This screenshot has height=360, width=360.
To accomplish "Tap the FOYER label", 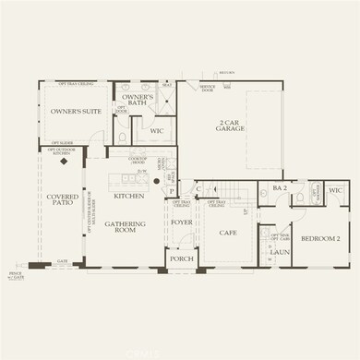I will pos(180,222).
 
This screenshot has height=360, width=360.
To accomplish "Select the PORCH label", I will pos(181,259).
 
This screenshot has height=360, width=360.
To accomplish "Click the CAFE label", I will pos(225,234).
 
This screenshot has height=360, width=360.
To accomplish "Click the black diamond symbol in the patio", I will pos(64,158).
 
